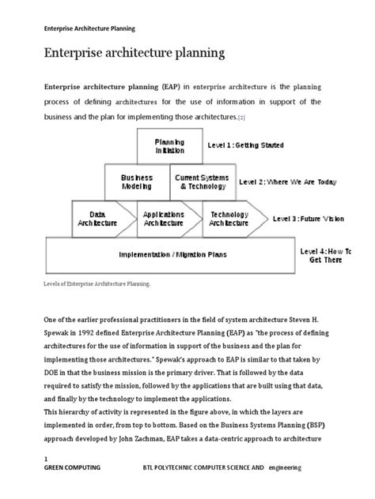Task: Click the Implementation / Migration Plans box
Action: (170, 254)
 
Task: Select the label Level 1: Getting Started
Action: (245, 145)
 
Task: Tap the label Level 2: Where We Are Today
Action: (287, 181)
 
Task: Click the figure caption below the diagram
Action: (96, 281)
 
